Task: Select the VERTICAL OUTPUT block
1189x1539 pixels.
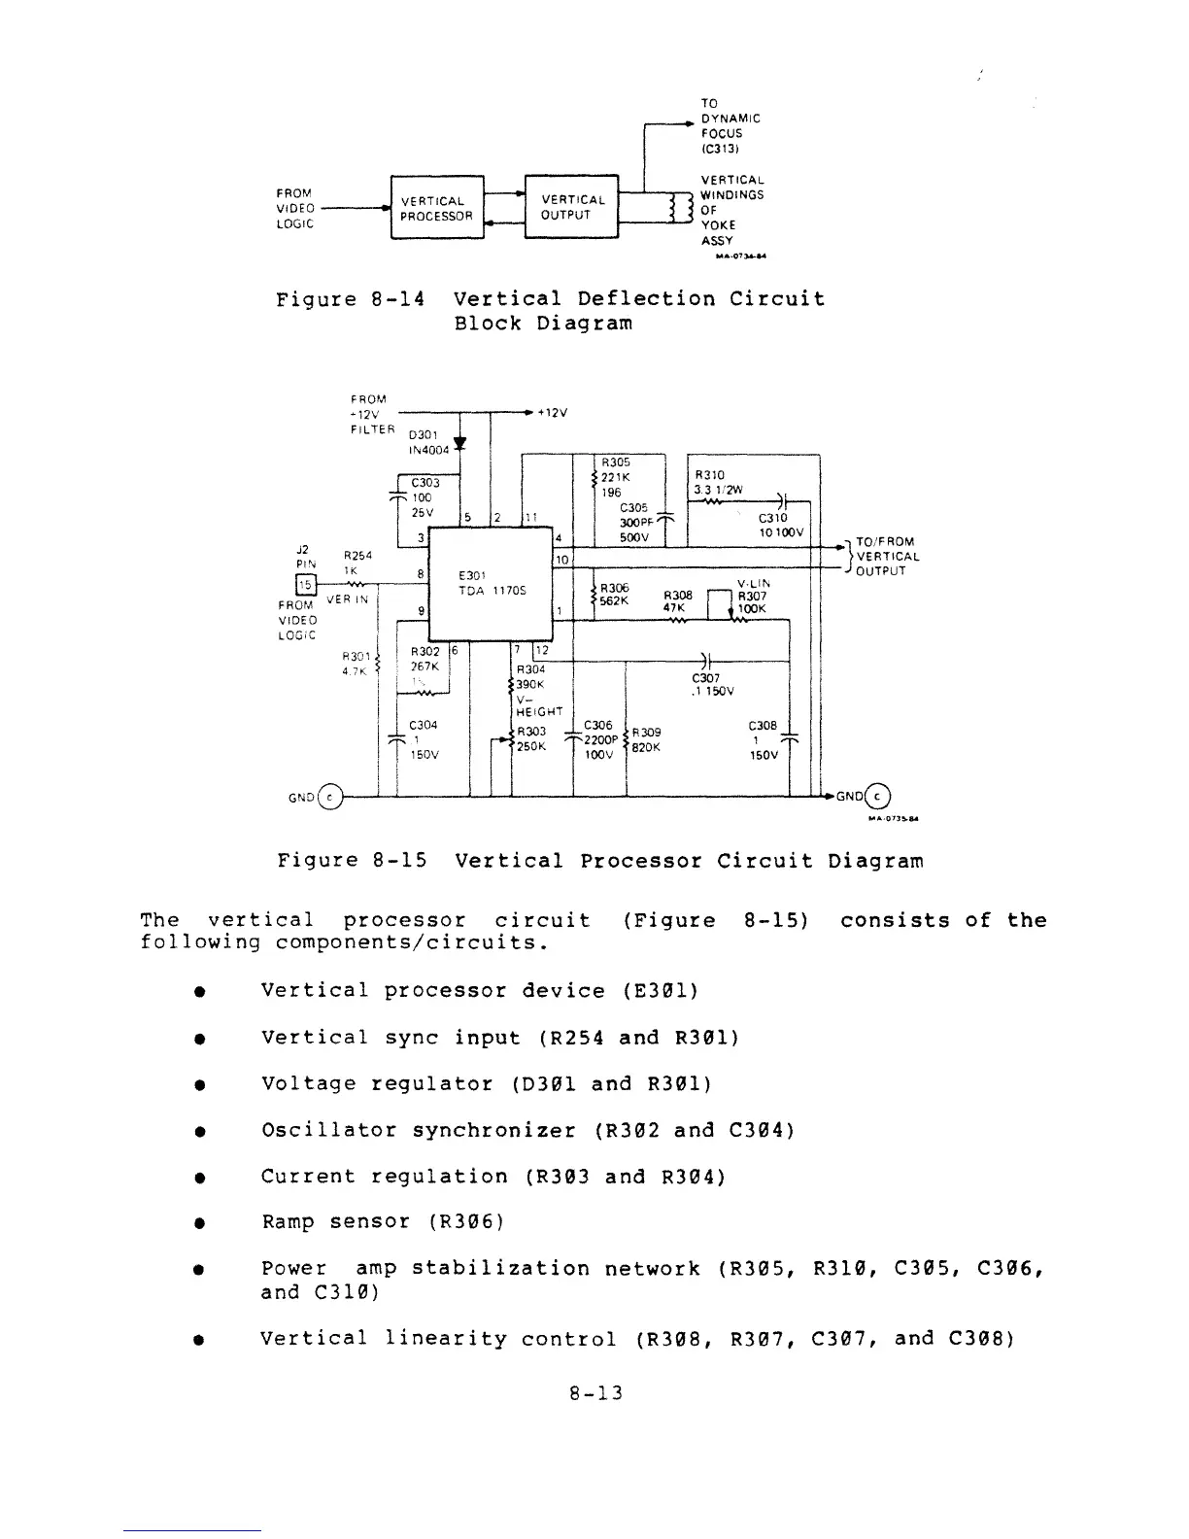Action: click(572, 207)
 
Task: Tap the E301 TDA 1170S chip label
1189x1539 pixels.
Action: click(492, 582)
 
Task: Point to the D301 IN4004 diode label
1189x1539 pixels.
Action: click(428, 442)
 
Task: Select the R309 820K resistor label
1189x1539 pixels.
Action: click(646, 739)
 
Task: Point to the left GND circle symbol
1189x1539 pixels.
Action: click(331, 797)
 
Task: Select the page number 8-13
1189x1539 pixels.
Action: click(595, 1393)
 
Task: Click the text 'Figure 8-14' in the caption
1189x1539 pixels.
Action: click(350, 299)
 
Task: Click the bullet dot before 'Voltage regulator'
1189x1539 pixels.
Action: click(197, 1084)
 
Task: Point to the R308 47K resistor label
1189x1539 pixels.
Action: click(677, 602)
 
